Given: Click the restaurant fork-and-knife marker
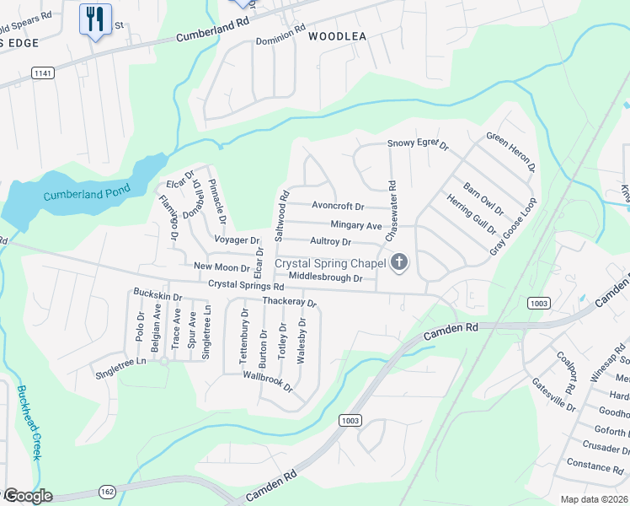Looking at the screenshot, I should (95, 19).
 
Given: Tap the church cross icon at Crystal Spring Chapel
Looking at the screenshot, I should (399, 264).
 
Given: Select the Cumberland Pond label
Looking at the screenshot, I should (82, 194).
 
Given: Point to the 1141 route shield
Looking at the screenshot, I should (43, 74).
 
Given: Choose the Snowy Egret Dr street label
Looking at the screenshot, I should (419, 144).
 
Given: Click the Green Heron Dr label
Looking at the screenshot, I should (511, 151).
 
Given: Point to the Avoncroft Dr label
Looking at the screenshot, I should (338, 206).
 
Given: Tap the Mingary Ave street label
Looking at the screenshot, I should (356, 226).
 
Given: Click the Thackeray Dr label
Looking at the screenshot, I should (289, 302).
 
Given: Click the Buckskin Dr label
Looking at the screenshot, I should (157, 298).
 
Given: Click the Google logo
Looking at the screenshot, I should (28, 496).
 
